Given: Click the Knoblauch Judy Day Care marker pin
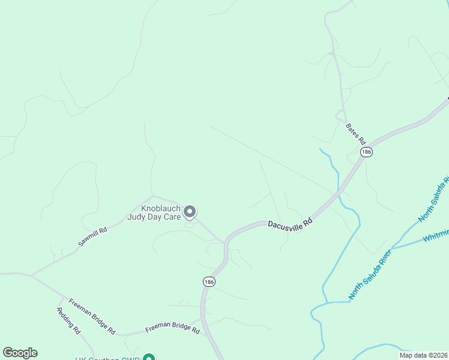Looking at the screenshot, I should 190,211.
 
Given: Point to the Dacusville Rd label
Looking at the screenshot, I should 291,223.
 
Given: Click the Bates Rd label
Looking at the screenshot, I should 355,133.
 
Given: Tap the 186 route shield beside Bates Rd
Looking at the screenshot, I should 367,152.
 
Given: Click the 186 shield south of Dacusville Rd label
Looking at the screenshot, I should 208,281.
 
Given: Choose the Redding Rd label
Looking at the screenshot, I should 68,320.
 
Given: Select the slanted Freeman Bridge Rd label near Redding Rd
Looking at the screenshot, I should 91,316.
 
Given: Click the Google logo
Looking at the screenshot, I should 20,353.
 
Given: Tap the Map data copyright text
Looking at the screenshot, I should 424,355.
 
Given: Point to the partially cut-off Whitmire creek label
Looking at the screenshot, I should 436,235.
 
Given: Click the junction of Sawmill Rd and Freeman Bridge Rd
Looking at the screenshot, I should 31,275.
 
